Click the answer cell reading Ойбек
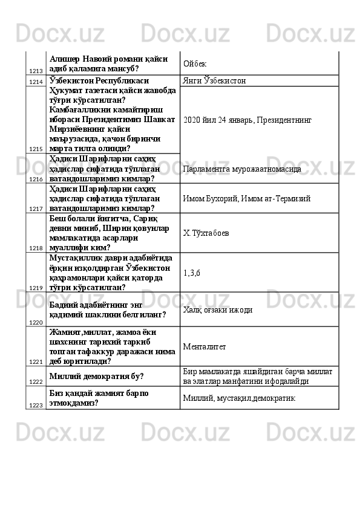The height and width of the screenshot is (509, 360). [194, 63]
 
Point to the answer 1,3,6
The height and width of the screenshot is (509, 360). [192, 272]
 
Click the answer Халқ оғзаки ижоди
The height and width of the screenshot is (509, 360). [218, 310]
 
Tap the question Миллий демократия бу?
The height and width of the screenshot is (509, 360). [96, 376]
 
